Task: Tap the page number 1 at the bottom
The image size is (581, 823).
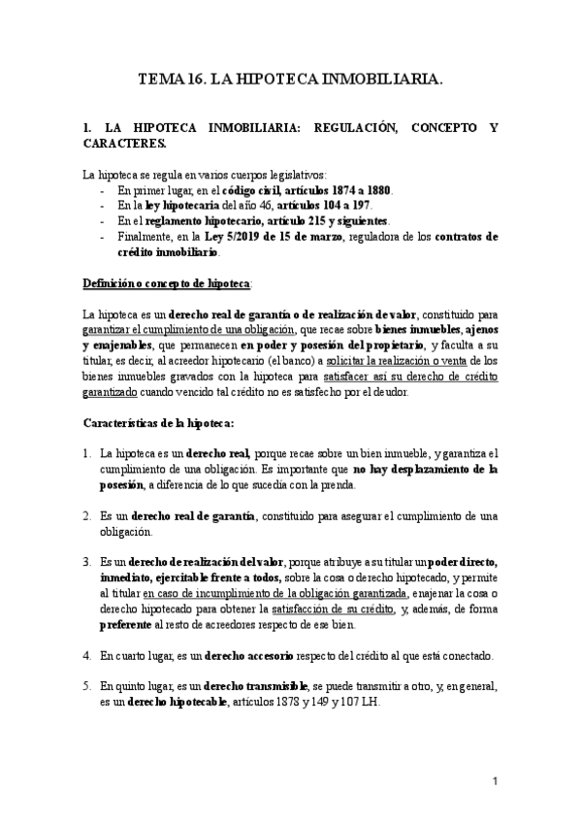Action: (495, 780)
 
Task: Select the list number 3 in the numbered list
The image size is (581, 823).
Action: (88, 562)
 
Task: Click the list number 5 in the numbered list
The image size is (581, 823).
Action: (88, 685)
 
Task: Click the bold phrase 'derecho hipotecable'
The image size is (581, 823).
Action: (173, 702)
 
